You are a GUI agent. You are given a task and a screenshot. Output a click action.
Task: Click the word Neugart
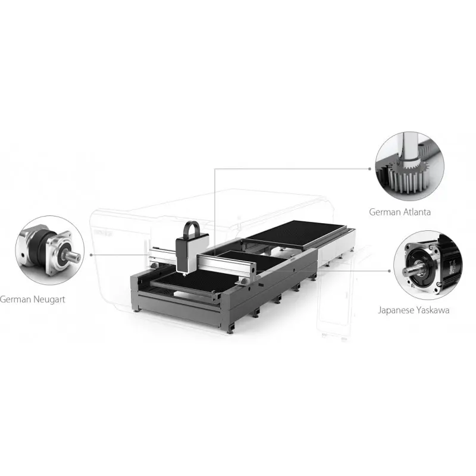tap(48, 300)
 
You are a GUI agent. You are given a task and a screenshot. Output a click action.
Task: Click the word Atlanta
tap(416, 212)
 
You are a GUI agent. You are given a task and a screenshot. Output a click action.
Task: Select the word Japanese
tap(396, 310)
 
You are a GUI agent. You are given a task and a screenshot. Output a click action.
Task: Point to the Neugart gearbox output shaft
tap(73, 258)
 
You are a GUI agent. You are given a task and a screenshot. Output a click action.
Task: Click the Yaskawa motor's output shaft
tap(412, 270)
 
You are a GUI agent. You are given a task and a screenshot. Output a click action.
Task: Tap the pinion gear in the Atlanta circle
tap(408, 174)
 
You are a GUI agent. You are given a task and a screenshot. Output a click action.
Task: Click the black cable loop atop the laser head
tap(192, 228)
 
